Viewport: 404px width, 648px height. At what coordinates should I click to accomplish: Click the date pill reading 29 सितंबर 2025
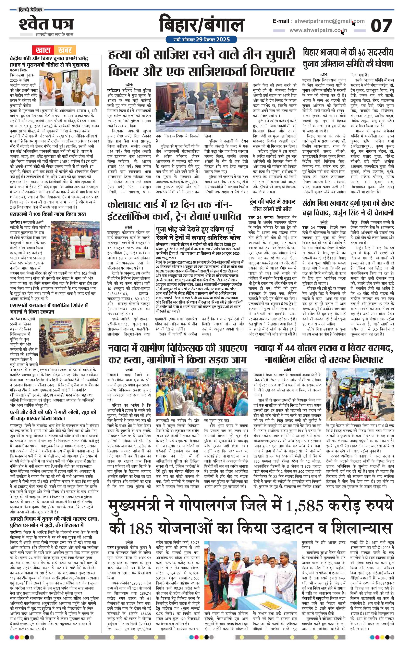[x=201, y=39]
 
